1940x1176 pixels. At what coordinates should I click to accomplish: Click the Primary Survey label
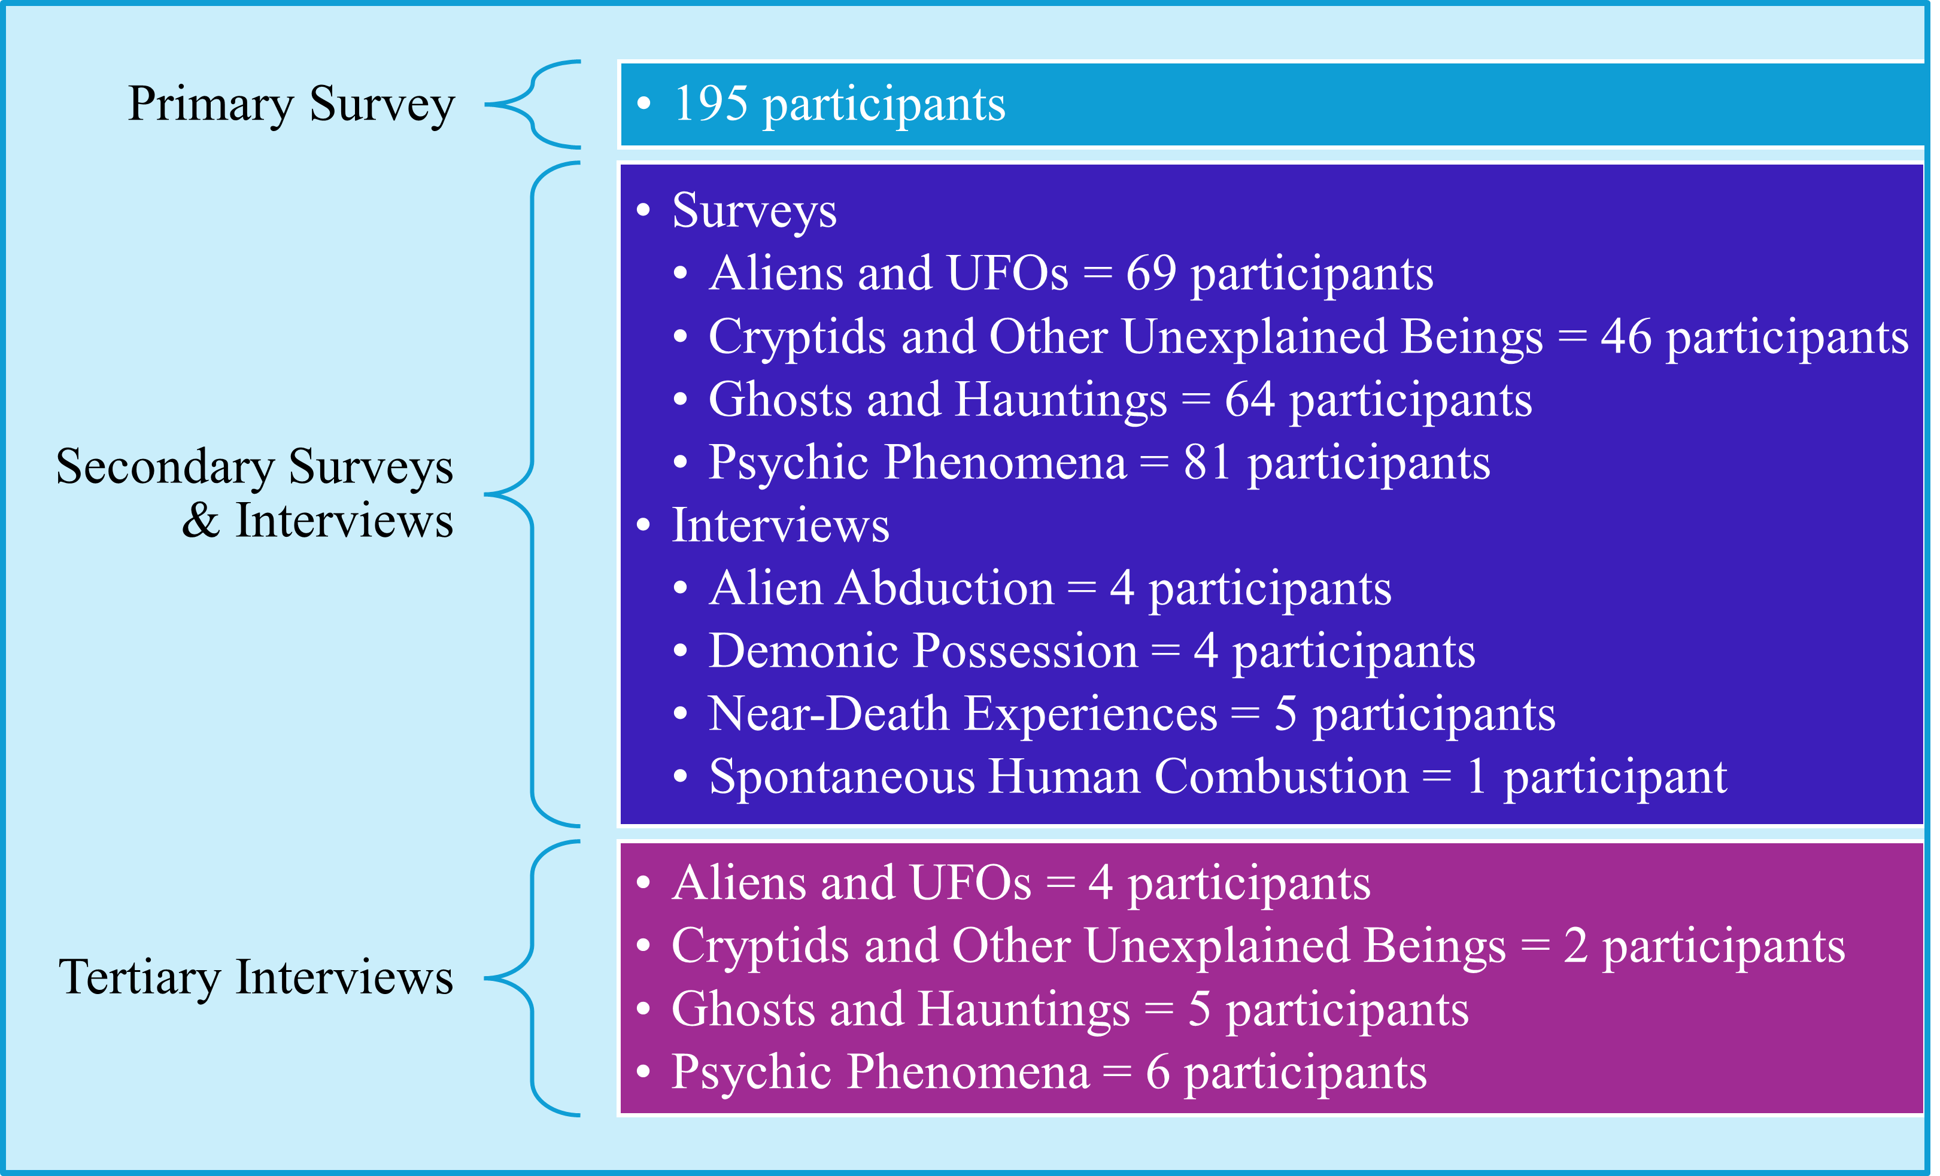[x=292, y=104]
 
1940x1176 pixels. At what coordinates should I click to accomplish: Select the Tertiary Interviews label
[x=256, y=978]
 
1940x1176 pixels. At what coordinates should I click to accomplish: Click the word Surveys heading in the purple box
[x=754, y=211]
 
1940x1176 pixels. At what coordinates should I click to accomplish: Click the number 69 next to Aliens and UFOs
[x=1150, y=274]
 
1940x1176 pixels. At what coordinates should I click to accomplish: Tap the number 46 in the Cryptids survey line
[x=1625, y=337]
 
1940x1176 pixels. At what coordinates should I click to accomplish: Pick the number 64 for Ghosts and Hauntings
[x=1249, y=400]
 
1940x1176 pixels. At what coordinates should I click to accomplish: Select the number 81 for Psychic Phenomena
[x=1207, y=462]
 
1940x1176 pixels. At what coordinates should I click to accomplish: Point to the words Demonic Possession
[x=923, y=651]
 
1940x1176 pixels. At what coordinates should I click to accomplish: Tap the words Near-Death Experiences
[x=962, y=714]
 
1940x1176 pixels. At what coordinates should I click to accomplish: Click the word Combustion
[x=1281, y=777]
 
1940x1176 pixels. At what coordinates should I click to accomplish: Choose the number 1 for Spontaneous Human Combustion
[x=1476, y=777]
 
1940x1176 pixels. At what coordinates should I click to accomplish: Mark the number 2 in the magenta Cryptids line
[x=1575, y=946]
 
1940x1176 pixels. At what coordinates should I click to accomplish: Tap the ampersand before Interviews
[x=200, y=521]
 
